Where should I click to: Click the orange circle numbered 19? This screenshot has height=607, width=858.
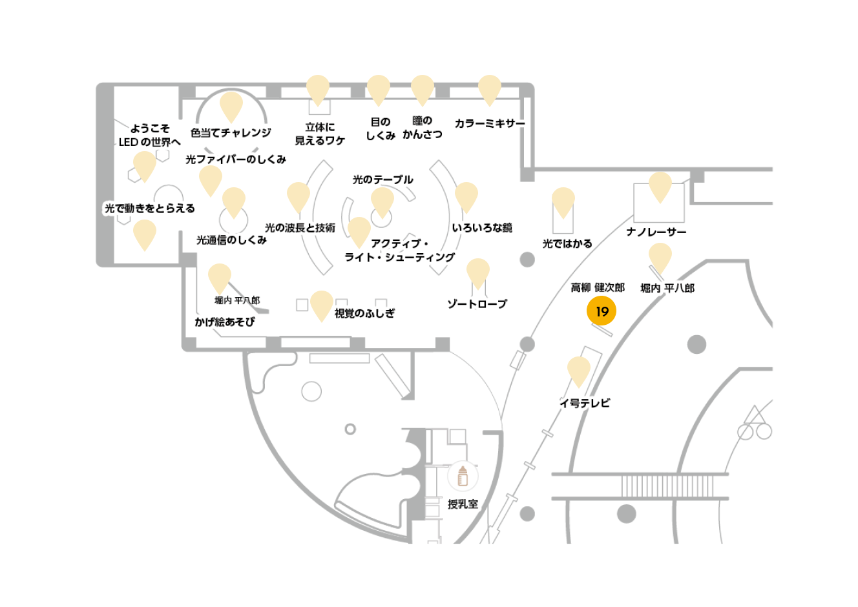coord(601,311)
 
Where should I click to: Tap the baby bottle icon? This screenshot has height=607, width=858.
coord(463,477)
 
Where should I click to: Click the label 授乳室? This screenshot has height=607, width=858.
coord(463,504)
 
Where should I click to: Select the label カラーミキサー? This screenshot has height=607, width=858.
coord(490,123)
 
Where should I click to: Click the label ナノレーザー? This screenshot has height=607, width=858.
coord(656,232)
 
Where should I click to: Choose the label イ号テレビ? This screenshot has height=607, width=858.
coord(585,404)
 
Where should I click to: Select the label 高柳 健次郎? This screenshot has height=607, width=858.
coord(598,287)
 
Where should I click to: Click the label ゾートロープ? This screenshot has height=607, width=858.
coord(477,304)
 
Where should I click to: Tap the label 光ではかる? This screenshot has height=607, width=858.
coord(567,244)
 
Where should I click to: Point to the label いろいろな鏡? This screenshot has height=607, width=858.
coord(482,228)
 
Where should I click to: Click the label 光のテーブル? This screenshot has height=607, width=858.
coord(382,180)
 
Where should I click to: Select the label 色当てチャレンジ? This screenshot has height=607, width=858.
coord(231,133)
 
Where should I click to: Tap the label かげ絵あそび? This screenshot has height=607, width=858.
coord(224,322)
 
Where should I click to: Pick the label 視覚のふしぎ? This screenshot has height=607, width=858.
coord(364,314)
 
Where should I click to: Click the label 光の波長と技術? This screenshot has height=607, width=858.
coord(300,228)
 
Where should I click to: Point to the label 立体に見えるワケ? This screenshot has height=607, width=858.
coord(320,134)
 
